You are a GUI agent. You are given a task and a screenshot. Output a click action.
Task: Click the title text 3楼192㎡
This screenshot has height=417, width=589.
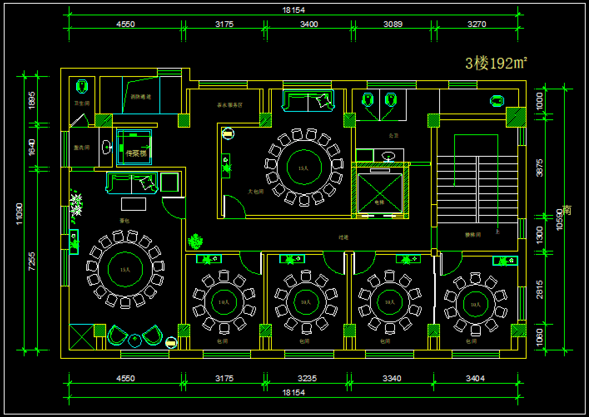496,63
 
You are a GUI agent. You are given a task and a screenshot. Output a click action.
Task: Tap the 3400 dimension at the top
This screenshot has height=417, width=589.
309,24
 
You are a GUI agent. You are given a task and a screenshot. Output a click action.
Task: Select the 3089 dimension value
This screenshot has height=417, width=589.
393,24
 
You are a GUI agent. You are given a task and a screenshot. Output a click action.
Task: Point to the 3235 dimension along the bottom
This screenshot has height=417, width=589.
307,378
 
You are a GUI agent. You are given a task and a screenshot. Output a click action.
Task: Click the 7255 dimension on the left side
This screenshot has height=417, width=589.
32,261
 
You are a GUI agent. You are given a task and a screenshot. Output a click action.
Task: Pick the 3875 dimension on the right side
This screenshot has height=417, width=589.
539,168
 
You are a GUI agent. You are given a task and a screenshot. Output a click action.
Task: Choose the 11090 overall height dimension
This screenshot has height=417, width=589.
19,214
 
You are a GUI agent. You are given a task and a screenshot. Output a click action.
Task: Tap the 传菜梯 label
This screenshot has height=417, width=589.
136,153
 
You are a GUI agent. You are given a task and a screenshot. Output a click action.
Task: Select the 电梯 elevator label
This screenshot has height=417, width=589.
379,202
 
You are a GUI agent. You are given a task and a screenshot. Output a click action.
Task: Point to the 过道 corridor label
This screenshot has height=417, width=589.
343,237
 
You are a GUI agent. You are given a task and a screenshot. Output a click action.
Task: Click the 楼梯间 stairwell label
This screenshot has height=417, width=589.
473,235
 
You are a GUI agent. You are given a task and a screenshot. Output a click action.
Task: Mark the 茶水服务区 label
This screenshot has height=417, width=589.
229,105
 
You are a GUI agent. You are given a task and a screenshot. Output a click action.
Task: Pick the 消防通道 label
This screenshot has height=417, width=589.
141,97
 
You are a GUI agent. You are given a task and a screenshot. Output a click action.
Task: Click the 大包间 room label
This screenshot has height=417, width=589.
256,192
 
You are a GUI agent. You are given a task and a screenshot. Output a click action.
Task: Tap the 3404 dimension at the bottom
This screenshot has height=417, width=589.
475,378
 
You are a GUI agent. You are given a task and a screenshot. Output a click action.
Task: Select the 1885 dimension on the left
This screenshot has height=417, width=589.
32,100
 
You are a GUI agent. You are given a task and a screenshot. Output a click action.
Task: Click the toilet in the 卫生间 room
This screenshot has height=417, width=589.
82,86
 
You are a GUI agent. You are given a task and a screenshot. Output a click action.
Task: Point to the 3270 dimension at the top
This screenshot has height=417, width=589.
477,24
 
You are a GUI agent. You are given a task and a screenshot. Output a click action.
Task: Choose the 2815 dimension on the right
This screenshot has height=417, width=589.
539,289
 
